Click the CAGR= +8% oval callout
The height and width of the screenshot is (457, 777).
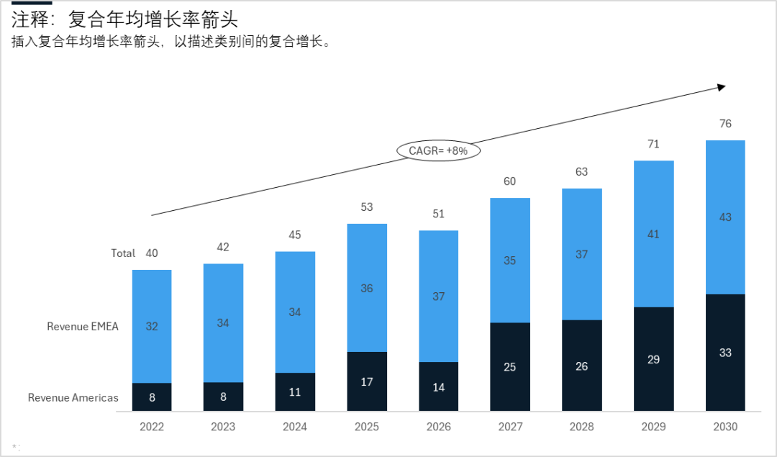[438, 150]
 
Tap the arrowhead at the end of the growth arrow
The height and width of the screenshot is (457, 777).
[722, 87]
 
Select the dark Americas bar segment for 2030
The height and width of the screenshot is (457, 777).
[725, 353]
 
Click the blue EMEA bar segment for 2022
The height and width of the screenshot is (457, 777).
[152, 326]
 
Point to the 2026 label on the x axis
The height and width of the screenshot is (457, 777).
[438, 427]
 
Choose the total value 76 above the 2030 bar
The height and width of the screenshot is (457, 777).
[725, 124]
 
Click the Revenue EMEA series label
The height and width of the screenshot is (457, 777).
[83, 326]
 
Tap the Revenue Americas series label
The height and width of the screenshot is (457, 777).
[73, 397]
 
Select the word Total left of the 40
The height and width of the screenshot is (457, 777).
[123, 253]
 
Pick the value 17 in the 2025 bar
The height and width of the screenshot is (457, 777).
[367, 381]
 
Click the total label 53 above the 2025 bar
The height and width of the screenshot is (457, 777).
[367, 207]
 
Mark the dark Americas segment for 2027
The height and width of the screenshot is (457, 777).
[510, 367]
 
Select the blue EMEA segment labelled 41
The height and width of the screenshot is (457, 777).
[653, 234]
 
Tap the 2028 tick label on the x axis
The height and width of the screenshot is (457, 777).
[581, 427]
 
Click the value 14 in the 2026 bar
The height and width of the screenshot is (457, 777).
[438, 387]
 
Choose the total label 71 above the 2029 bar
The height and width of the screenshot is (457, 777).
[653, 144]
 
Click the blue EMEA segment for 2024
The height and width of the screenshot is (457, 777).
[295, 312]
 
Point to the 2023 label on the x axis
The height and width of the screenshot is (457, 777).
[223, 427]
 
